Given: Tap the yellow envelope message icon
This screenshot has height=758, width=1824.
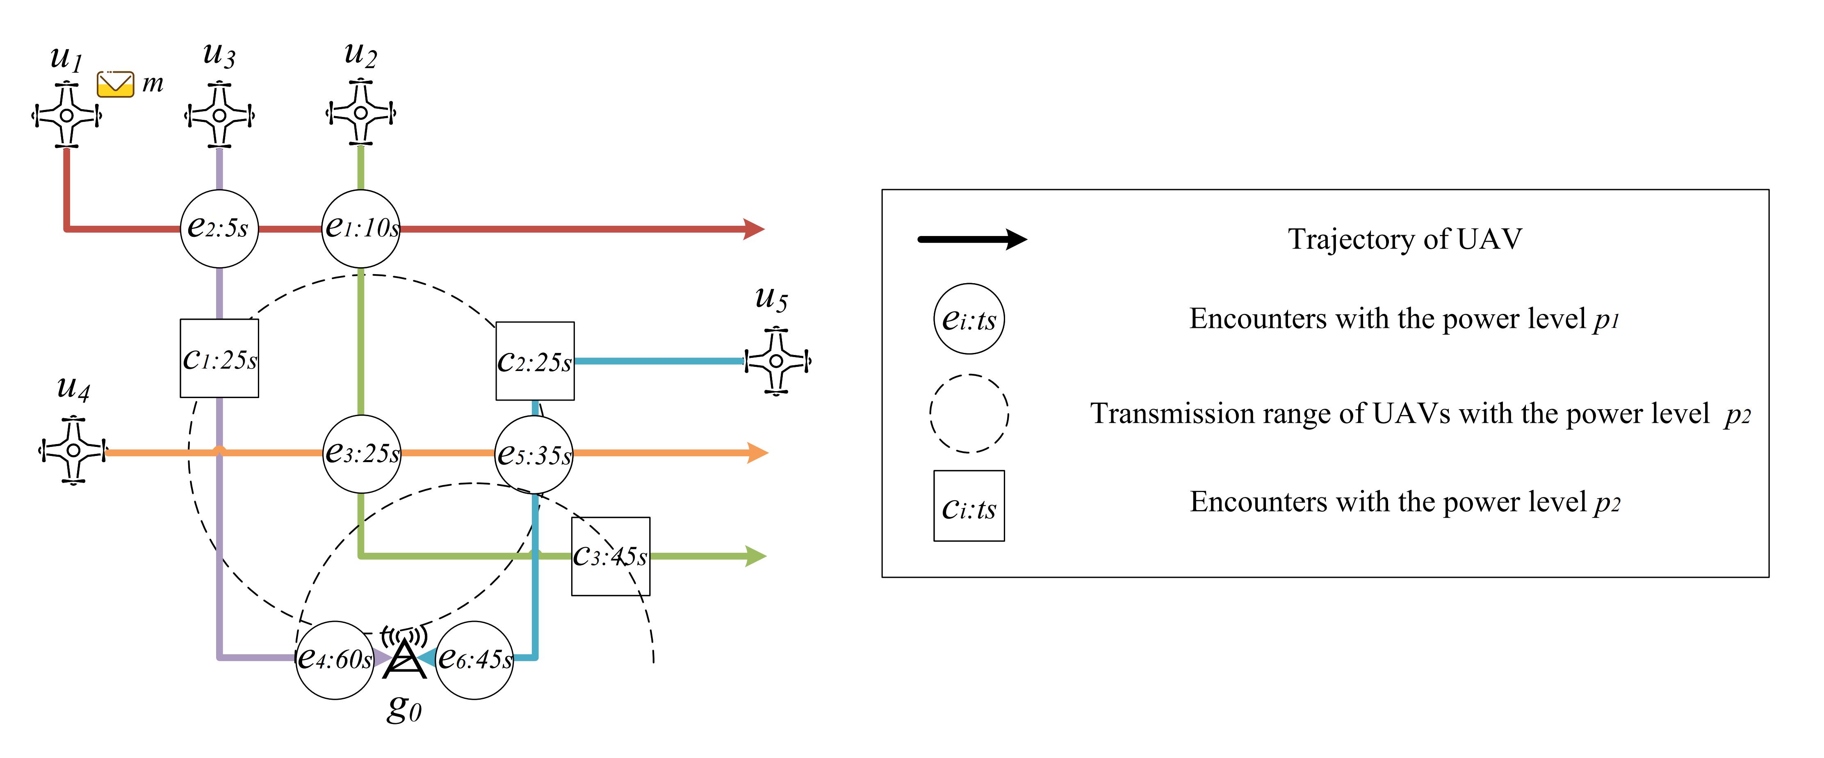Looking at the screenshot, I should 115,84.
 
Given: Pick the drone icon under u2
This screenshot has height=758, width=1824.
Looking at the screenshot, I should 360,112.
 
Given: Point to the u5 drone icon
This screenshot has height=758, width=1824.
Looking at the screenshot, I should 777,361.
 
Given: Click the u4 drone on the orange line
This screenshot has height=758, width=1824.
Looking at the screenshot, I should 73,451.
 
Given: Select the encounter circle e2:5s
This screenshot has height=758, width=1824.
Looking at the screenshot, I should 219,229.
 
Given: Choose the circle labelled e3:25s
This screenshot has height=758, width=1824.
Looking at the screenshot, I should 362,453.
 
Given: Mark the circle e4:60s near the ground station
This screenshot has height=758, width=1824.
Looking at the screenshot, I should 334,660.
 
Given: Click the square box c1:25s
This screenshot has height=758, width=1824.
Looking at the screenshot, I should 219,358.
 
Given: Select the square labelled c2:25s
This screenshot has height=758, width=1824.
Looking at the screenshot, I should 535,361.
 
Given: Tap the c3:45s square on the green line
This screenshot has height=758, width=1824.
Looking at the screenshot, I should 610,556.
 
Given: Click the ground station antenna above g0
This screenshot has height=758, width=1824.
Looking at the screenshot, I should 404,655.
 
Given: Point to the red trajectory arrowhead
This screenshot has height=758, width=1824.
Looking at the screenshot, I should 753,229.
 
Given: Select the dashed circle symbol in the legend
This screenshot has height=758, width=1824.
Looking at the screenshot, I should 969,414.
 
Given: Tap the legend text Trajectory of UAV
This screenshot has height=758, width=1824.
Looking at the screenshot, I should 1404,239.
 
